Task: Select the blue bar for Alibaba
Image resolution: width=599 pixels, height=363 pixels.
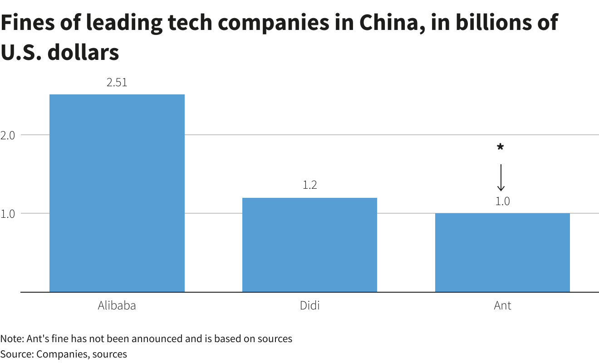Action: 117,193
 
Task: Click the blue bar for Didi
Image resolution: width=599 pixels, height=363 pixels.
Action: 309,245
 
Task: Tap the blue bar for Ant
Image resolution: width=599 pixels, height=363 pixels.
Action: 502,252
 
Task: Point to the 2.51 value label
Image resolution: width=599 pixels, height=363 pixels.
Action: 117,83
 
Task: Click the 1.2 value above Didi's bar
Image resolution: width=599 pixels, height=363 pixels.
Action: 309,185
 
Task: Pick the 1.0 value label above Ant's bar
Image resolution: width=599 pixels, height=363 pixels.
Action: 502,201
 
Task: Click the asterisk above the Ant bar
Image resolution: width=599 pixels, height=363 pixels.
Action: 501,147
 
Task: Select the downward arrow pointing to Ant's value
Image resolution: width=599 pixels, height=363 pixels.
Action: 501,177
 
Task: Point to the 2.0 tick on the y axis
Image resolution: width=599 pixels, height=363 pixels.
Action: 9,135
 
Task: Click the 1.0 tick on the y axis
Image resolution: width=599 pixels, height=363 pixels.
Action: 9,213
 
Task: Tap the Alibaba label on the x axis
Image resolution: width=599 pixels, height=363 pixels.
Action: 117,305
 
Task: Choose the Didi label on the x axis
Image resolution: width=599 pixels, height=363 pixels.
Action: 309,305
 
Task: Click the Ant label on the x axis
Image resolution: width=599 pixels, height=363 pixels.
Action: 502,305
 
